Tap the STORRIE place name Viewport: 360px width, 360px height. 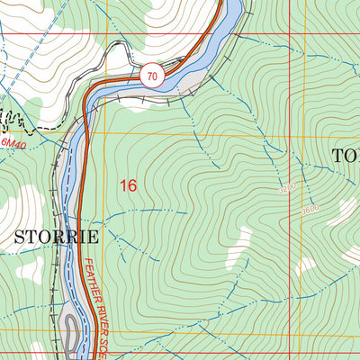click(x=55, y=238)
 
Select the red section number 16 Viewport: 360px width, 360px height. click(x=129, y=185)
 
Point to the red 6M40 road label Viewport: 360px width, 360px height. click(x=13, y=143)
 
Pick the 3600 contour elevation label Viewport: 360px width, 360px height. click(x=310, y=210)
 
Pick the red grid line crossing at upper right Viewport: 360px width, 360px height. click(x=290, y=35)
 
